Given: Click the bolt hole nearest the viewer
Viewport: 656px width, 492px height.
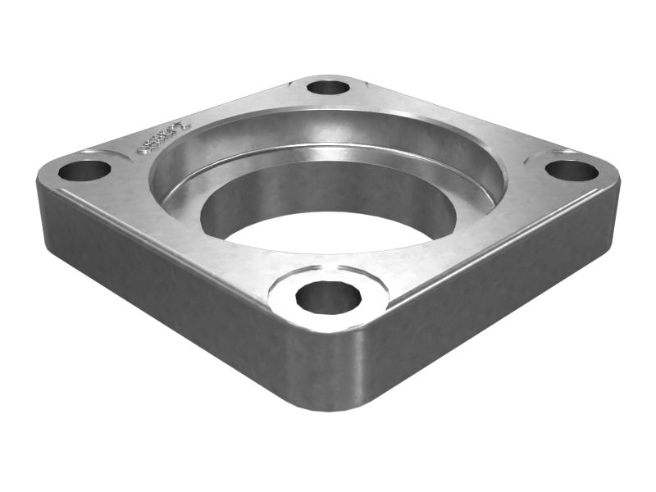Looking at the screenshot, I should [328, 297].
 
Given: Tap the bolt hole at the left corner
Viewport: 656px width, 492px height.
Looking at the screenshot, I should [84, 171].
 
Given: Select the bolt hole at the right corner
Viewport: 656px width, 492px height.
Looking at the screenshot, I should [572, 171].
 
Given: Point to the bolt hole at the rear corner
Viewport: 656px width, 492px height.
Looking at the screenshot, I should [329, 86].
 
